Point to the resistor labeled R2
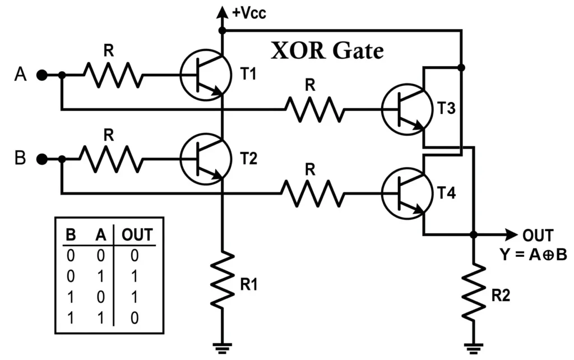pos(474,290)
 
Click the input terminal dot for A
pos(41,75)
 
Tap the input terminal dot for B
pos(41,159)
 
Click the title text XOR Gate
pos(327,51)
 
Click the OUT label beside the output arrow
pos(538,236)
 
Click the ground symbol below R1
pos(223,348)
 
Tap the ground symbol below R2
pos(474,348)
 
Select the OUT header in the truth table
pos(137,235)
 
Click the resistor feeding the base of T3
pos(313,109)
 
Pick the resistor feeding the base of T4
pos(312,193)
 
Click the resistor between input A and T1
pos(113,75)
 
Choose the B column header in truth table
pos(71,235)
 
